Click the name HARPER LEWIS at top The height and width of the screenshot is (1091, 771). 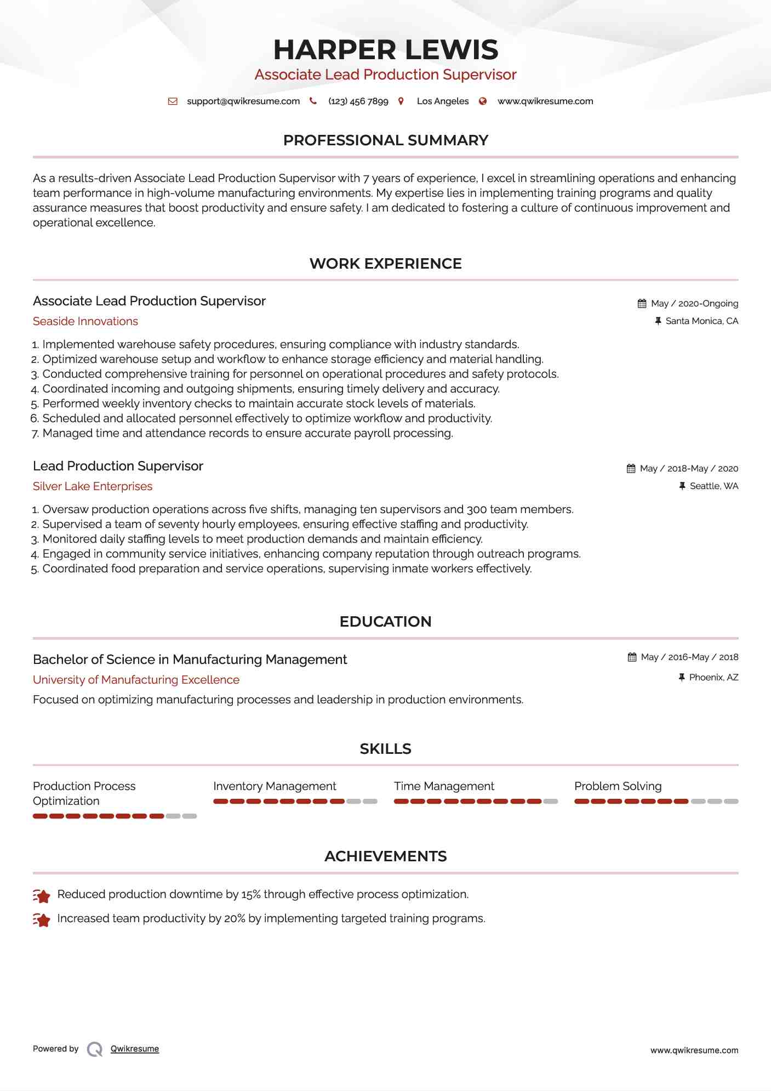pos(385,50)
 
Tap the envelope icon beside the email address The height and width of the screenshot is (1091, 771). pos(173,101)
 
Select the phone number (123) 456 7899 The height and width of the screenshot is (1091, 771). pos(358,101)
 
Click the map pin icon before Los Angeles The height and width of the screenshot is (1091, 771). pos(401,101)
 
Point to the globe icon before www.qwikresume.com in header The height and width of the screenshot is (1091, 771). pos(483,101)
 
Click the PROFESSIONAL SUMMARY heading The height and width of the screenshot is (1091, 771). pos(385,140)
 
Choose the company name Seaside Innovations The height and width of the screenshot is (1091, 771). pos(85,321)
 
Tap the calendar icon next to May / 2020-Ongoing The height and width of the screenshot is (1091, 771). pos(642,304)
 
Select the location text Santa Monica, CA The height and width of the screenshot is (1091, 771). pos(701,321)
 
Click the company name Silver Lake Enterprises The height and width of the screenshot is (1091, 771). pos(93,486)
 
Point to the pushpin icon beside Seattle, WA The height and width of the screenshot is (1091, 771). pos(682,486)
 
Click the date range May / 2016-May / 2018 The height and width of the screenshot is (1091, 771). pos(689,657)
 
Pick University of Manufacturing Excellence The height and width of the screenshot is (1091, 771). pos(136,680)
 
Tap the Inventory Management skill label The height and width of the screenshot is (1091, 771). pos(275,786)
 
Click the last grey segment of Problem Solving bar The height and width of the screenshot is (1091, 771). pos(731,802)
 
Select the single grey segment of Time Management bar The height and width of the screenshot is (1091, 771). pos(550,802)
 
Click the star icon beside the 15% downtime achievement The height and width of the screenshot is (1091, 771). pos(42,896)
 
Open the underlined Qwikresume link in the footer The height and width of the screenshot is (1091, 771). pos(135,1049)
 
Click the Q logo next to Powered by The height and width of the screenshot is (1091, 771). pos(95,1049)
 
